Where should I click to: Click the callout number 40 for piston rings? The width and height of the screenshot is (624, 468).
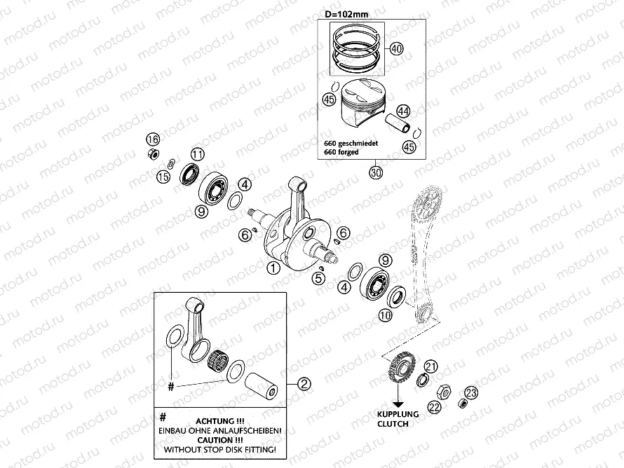tap(395, 49)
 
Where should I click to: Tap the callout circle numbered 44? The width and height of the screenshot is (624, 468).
tap(402, 111)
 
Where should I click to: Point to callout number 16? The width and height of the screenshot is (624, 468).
tap(153, 138)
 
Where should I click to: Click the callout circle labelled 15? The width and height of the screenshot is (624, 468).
tap(163, 177)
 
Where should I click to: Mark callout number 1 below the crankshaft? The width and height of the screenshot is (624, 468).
tap(273, 267)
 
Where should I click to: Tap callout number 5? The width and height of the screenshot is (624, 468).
tap(318, 278)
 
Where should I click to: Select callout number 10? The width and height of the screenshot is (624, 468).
tap(386, 316)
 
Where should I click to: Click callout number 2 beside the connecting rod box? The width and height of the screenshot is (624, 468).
tap(304, 383)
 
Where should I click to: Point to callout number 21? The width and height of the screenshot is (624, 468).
tap(431, 366)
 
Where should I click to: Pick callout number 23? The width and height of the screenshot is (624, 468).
tap(471, 392)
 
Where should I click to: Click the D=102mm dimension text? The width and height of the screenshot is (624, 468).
tap(347, 13)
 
